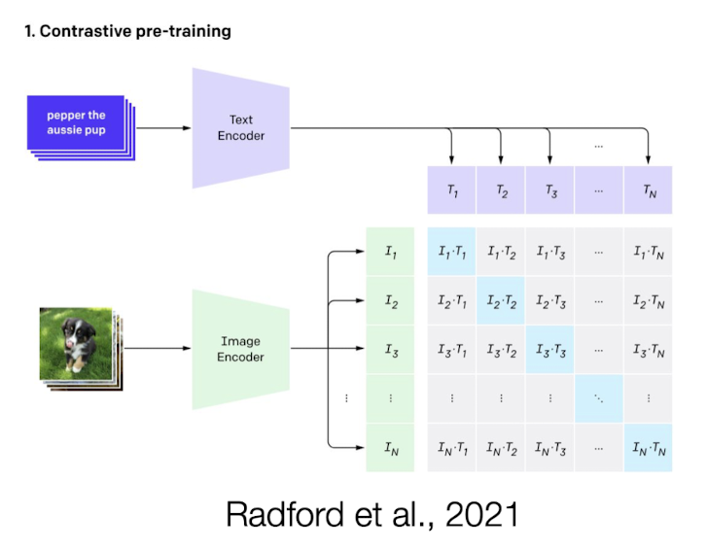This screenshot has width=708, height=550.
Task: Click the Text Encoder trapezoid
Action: tap(240, 127)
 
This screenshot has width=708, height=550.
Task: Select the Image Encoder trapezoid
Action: tap(240, 349)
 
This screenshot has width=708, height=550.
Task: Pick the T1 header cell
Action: tap(451, 190)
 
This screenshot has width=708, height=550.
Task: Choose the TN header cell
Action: tap(648, 190)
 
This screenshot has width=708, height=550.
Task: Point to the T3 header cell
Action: tap(549, 190)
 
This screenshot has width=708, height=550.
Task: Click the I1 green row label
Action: tap(390, 253)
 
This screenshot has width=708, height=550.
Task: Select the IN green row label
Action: tap(390, 447)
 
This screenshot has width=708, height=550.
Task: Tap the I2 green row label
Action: tap(390, 301)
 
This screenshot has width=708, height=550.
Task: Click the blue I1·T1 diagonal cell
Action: tap(451, 253)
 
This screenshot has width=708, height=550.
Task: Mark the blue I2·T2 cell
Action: tap(501, 301)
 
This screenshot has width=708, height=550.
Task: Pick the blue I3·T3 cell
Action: tap(549, 350)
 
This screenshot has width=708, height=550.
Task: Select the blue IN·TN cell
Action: tap(648, 447)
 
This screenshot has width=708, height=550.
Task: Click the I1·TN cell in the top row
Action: tap(648, 253)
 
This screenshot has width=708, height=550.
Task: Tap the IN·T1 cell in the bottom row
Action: tap(451, 447)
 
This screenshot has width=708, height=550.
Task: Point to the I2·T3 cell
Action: tap(549, 301)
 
